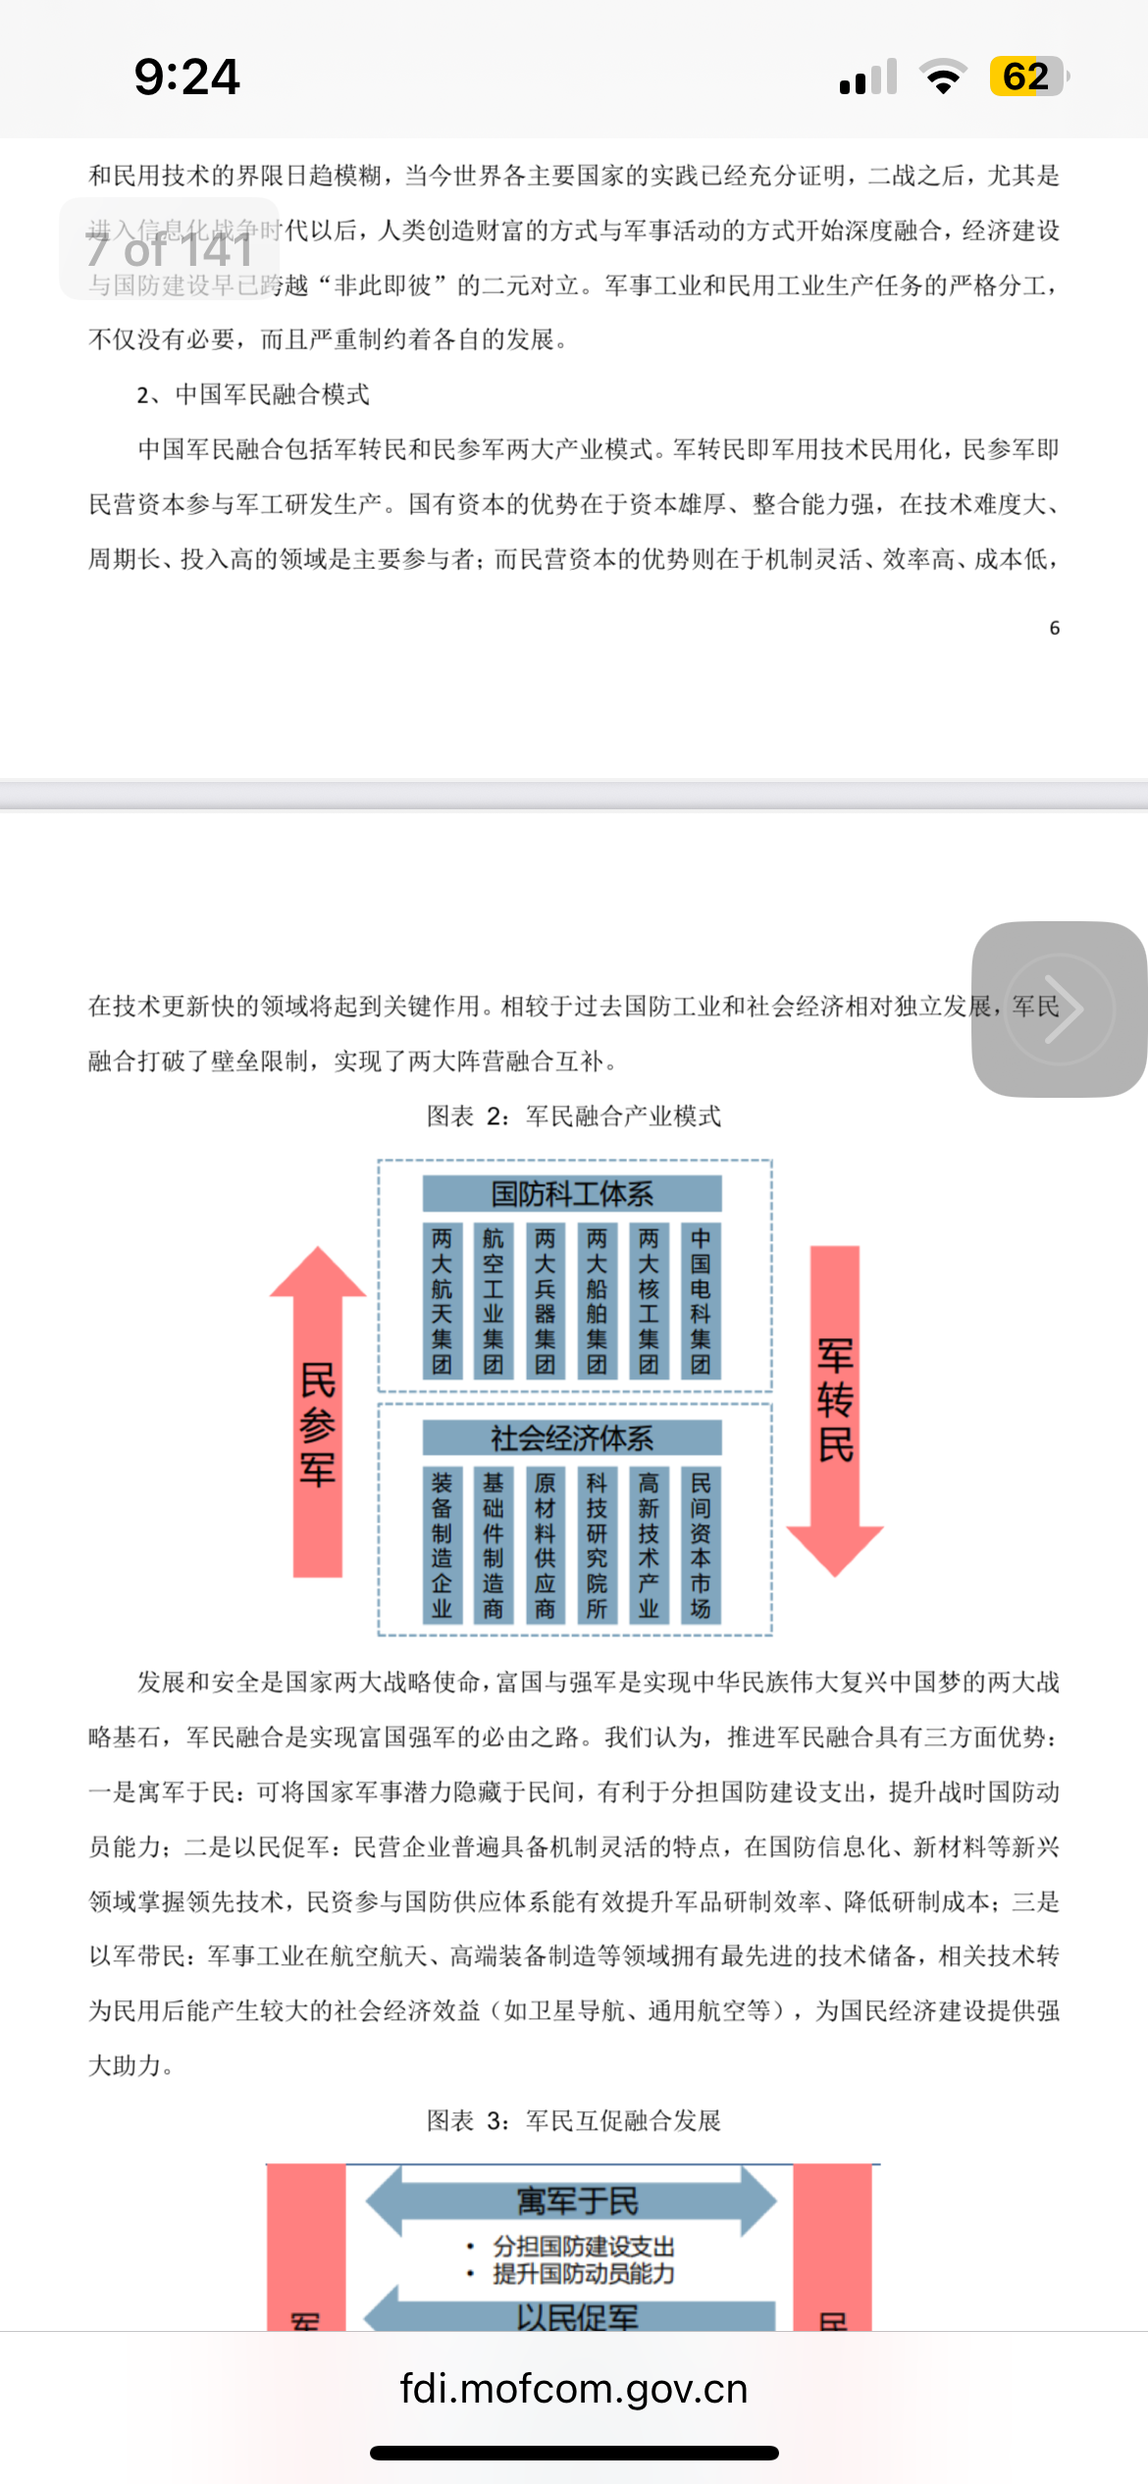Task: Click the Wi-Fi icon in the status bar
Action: coord(943,77)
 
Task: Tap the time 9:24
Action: coord(186,78)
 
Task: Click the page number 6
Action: coord(1055,628)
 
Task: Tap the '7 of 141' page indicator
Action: coord(170,249)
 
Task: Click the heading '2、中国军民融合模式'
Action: coord(253,394)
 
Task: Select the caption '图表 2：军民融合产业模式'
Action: coord(573,1116)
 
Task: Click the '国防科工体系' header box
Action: coord(572,1194)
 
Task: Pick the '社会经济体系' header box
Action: coord(572,1438)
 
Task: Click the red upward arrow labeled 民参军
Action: coord(318,1413)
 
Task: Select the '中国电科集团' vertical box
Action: coord(701,1301)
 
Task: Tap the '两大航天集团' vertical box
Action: coord(442,1301)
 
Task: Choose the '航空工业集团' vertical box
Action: coord(494,1301)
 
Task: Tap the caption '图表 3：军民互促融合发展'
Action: coord(573,2121)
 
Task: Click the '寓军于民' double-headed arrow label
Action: coord(577,2201)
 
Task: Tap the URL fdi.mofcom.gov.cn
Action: coord(574,2388)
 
